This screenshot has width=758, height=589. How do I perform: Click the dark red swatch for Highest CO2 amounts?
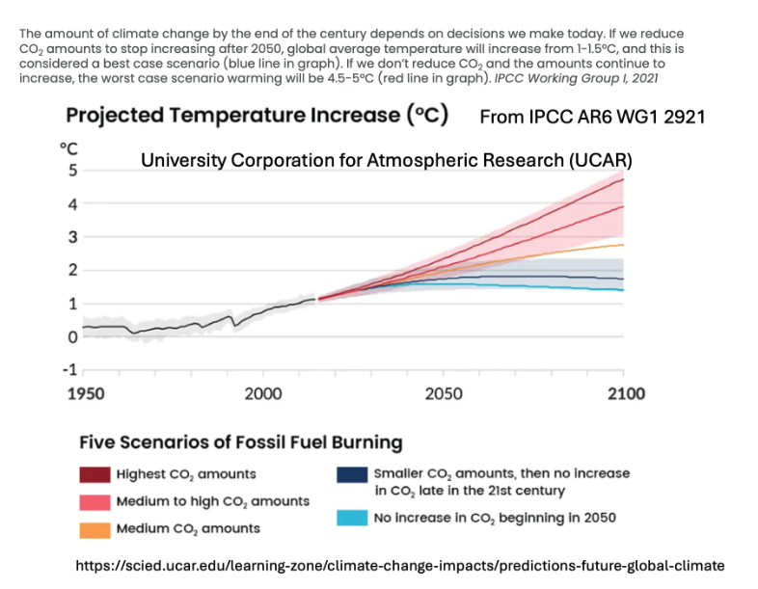tap(95, 474)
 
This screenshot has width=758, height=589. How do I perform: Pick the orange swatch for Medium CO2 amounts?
tap(95, 528)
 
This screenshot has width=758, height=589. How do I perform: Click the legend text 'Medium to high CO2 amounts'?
tap(212, 501)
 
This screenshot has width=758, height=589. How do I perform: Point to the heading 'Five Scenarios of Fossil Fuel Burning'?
tap(240, 443)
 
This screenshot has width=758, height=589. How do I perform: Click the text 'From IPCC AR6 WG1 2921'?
tap(593, 117)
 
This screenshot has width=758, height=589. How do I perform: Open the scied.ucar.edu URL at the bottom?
tap(398, 565)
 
